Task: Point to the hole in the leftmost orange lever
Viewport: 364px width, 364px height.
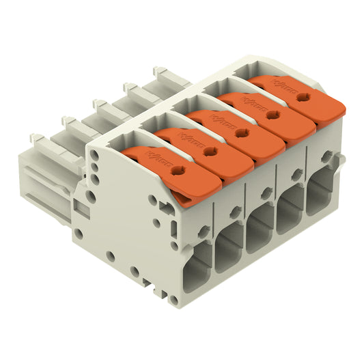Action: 179,171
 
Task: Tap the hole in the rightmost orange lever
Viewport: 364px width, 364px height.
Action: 303,97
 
